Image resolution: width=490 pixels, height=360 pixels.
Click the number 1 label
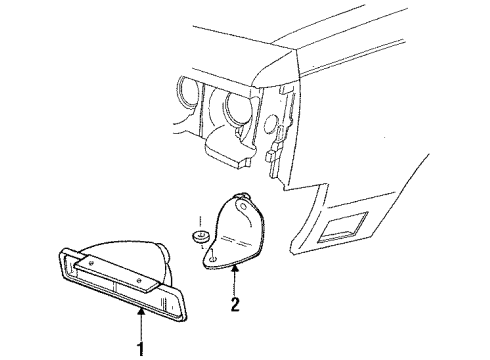pos(140,348)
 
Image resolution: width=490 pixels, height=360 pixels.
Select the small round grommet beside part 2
pos(199,237)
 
